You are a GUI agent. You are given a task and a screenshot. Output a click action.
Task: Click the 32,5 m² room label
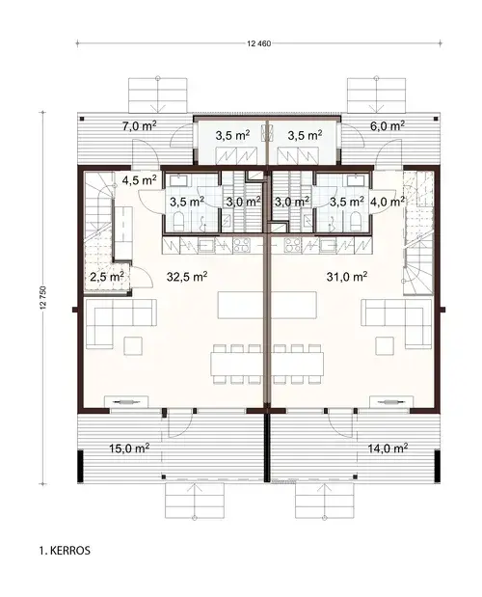tap(187, 276)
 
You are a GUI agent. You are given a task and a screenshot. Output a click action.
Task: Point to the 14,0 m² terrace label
tap(387, 448)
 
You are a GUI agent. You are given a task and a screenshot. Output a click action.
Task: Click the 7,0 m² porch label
tap(138, 125)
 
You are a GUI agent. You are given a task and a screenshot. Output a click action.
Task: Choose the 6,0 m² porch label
tap(385, 125)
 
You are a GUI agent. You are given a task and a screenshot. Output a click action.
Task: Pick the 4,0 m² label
tap(385, 202)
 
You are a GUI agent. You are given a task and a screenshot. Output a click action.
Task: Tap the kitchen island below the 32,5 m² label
tap(241, 306)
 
